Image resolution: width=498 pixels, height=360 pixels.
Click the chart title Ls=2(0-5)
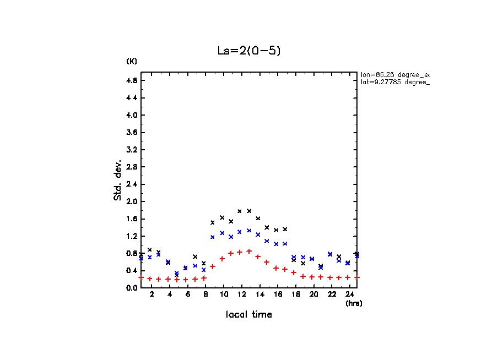click(250, 51)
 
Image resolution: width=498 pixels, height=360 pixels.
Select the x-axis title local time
click(249, 315)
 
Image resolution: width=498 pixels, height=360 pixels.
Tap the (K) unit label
click(132, 61)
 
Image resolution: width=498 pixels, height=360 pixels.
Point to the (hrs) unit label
click(353, 303)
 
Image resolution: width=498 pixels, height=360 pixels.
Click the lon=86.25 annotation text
click(394, 74)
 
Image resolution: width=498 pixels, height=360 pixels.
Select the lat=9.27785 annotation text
click(394, 82)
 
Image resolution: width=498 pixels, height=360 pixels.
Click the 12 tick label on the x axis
click(241, 295)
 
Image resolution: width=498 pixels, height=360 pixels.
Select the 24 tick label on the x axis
click(349, 295)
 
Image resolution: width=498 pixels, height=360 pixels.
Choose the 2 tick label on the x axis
click(150, 295)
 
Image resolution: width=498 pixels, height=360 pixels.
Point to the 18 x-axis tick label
click(295, 295)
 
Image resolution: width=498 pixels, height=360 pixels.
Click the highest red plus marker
click(249, 251)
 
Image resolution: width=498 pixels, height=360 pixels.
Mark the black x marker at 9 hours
click(213, 222)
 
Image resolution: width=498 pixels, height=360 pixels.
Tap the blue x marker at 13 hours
click(249, 231)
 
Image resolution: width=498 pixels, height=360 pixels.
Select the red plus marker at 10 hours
click(222, 259)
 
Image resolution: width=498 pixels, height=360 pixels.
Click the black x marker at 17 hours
click(285, 229)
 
